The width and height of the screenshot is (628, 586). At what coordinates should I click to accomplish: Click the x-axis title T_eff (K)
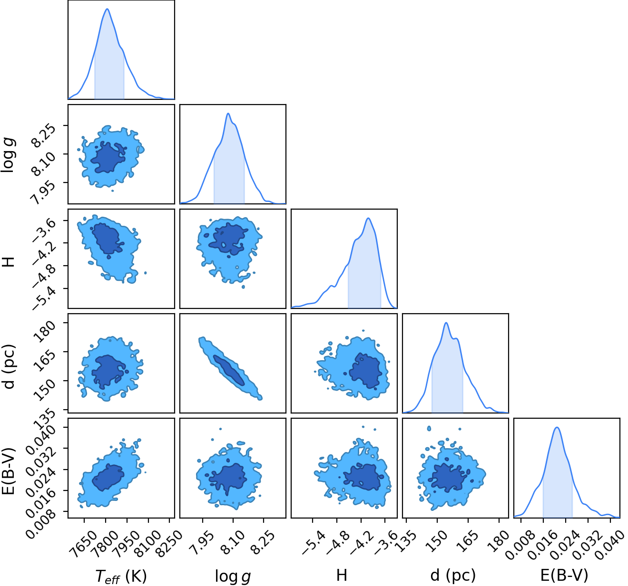pyautogui.click(x=121, y=576)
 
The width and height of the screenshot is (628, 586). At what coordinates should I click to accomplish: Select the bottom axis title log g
pyautogui.click(x=233, y=576)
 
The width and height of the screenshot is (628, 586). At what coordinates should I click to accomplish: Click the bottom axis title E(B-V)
pyautogui.click(x=564, y=575)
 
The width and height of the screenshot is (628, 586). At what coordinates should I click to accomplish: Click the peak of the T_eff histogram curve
pyautogui.click(x=107, y=9)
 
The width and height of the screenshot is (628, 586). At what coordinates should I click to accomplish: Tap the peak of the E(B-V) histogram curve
pyautogui.click(x=557, y=427)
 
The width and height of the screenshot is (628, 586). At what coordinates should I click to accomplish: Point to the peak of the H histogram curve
pyautogui.click(x=368, y=218)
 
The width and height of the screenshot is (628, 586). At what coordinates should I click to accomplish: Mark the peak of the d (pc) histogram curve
pyautogui.click(x=446, y=323)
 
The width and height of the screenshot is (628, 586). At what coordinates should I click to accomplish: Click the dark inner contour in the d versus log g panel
pyautogui.click(x=229, y=370)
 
